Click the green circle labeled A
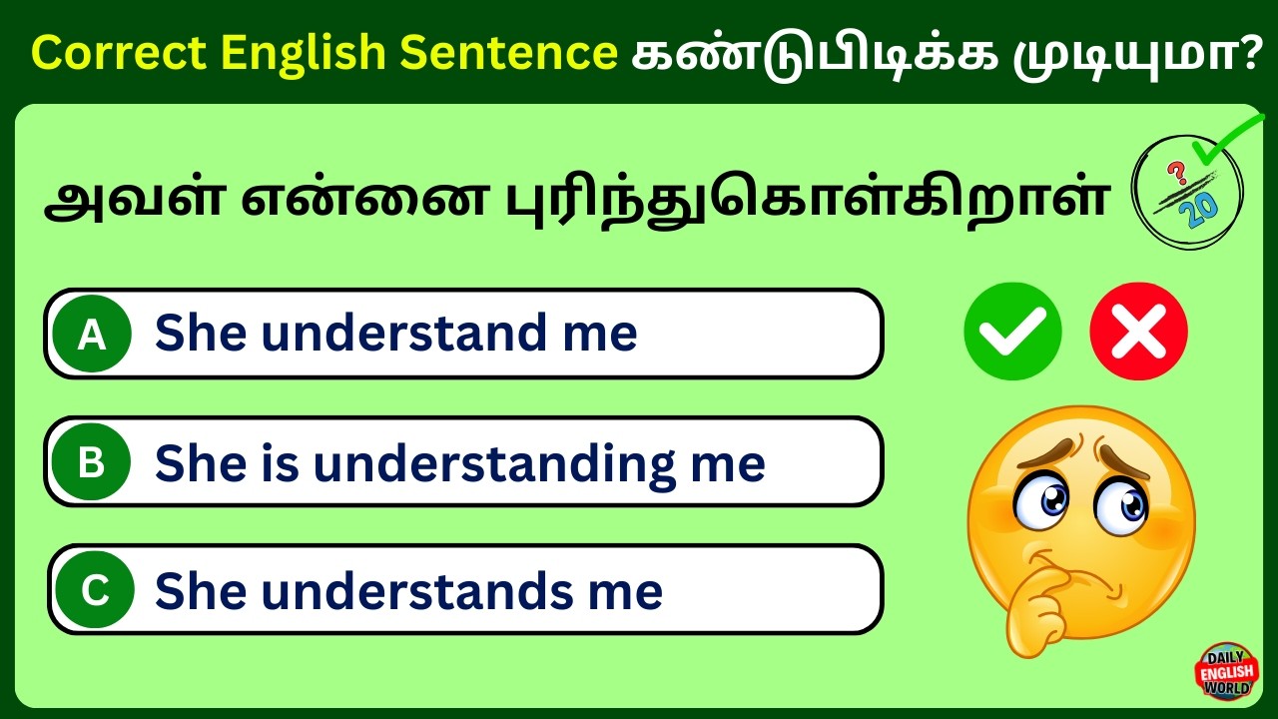(x=92, y=335)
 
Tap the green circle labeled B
(x=92, y=462)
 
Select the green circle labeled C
(x=95, y=590)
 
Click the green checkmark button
(x=1012, y=332)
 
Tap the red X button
(x=1138, y=332)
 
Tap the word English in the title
(x=307, y=52)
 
